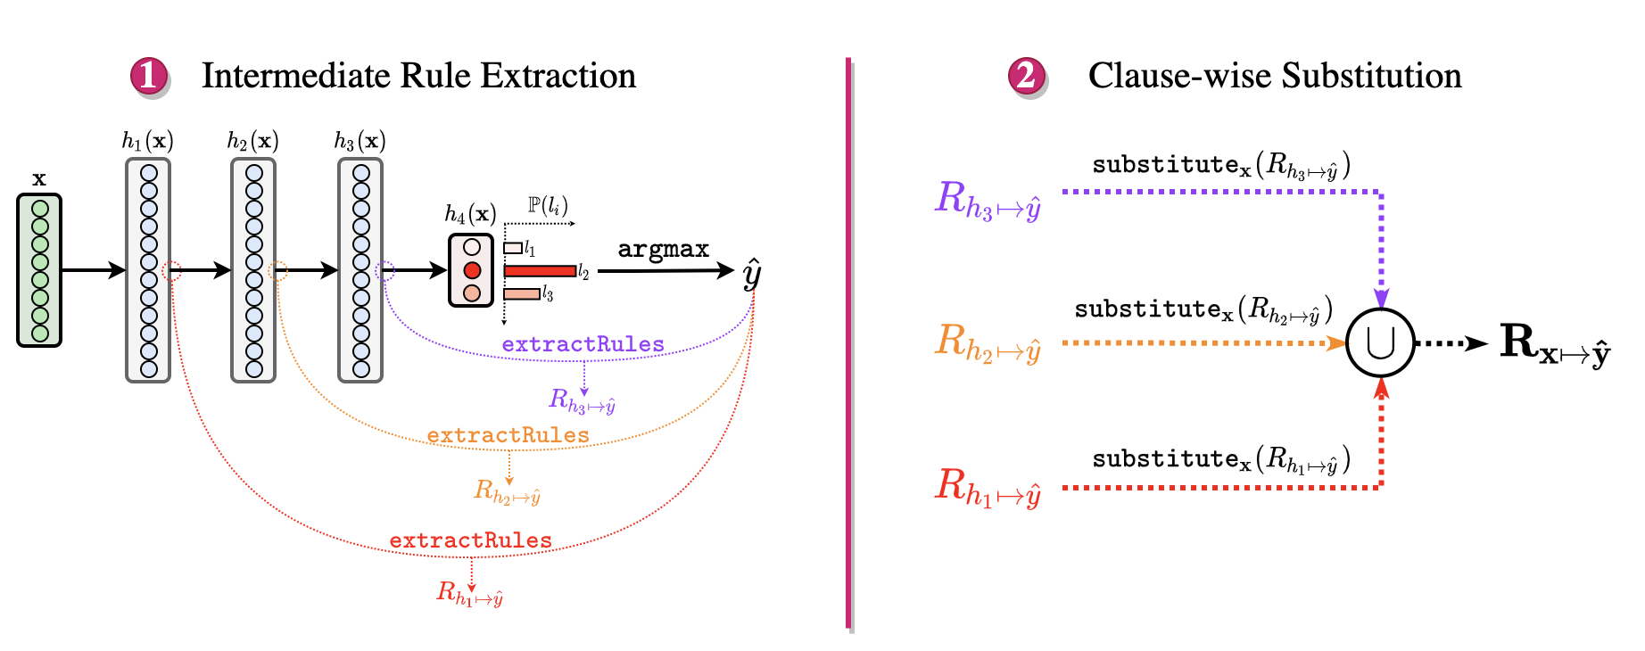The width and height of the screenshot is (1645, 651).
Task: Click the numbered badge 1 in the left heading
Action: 149,77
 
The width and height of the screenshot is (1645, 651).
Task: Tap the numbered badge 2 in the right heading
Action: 1027,77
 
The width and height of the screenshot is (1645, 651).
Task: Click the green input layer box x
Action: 39,270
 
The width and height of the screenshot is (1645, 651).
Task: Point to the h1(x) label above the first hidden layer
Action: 147,141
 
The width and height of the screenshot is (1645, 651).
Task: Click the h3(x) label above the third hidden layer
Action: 360,141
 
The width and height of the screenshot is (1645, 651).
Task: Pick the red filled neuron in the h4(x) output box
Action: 472,270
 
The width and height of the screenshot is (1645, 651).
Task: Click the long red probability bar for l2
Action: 540,271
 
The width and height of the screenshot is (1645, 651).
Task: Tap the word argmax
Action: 663,249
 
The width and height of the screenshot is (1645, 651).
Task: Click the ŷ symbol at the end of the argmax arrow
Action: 752,273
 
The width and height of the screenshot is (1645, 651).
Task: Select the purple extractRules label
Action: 583,344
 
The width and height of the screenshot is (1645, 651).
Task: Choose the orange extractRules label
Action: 508,435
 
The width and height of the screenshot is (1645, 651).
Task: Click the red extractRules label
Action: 470,540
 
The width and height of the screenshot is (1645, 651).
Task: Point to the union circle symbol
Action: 1380,343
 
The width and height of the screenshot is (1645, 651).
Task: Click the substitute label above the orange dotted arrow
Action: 1203,309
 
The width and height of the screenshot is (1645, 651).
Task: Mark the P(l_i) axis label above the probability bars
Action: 547,206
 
